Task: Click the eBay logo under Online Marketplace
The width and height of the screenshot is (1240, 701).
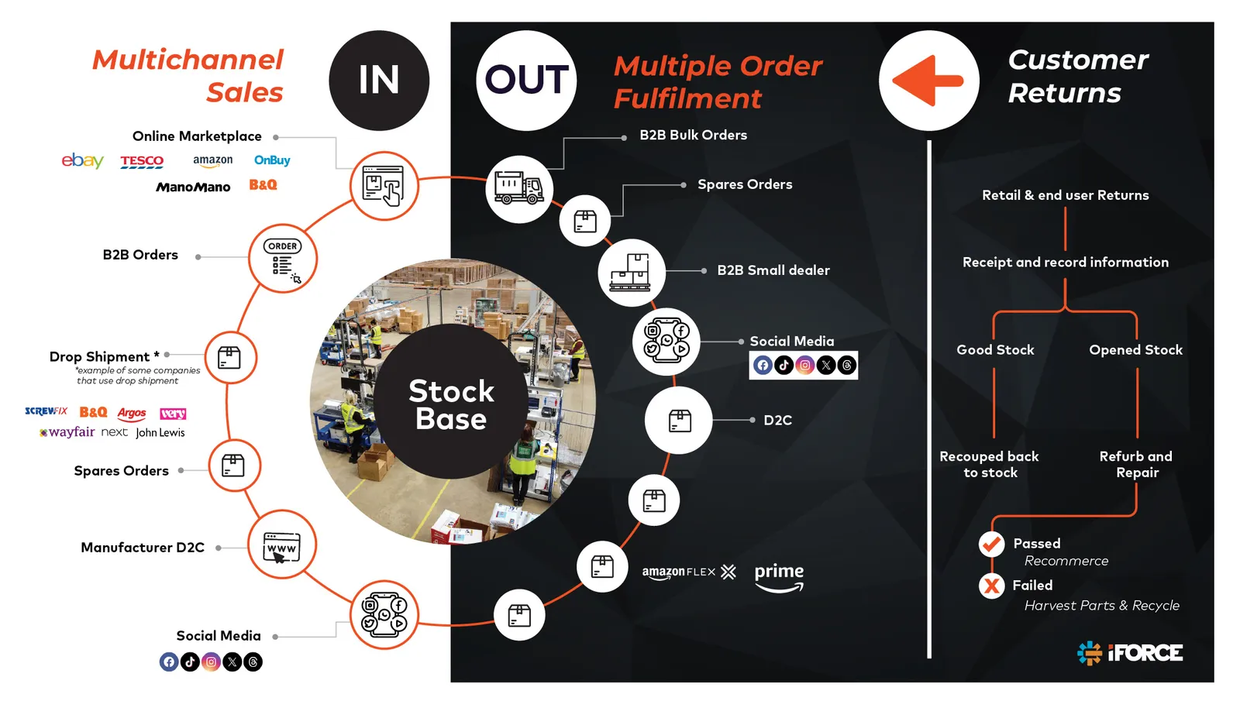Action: pos(82,160)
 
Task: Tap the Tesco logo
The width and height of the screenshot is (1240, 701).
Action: pos(143,161)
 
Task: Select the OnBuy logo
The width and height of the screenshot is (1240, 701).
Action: pos(272,160)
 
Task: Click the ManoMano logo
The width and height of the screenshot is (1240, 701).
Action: pos(193,187)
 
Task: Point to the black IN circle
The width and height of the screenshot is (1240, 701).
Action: pos(379,81)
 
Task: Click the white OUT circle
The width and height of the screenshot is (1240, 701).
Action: pos(526,81)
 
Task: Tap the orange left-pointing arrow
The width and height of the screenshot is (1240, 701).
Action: pos(928,81)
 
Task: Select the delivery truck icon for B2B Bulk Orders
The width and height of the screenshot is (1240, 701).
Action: pos(518,188)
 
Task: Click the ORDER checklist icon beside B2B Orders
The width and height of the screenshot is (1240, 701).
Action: pos(282,261)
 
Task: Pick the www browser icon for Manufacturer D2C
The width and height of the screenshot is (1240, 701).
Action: pos(282,548)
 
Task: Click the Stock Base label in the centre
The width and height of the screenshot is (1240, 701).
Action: pos(451,404)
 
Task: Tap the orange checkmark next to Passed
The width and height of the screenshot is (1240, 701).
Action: pos(991,544)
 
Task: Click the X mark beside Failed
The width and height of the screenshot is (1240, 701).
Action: pos(991,586)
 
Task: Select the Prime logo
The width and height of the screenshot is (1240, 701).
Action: pos(779,577)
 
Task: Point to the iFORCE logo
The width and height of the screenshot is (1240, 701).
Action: pos(1130,653)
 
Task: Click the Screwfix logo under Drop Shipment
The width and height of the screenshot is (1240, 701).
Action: pos(46,411)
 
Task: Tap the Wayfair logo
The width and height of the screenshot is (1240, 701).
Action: pos(67,432)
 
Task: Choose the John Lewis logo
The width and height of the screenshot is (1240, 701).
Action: pos(160,433)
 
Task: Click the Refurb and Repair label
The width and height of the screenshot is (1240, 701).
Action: pos(1136,464)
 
